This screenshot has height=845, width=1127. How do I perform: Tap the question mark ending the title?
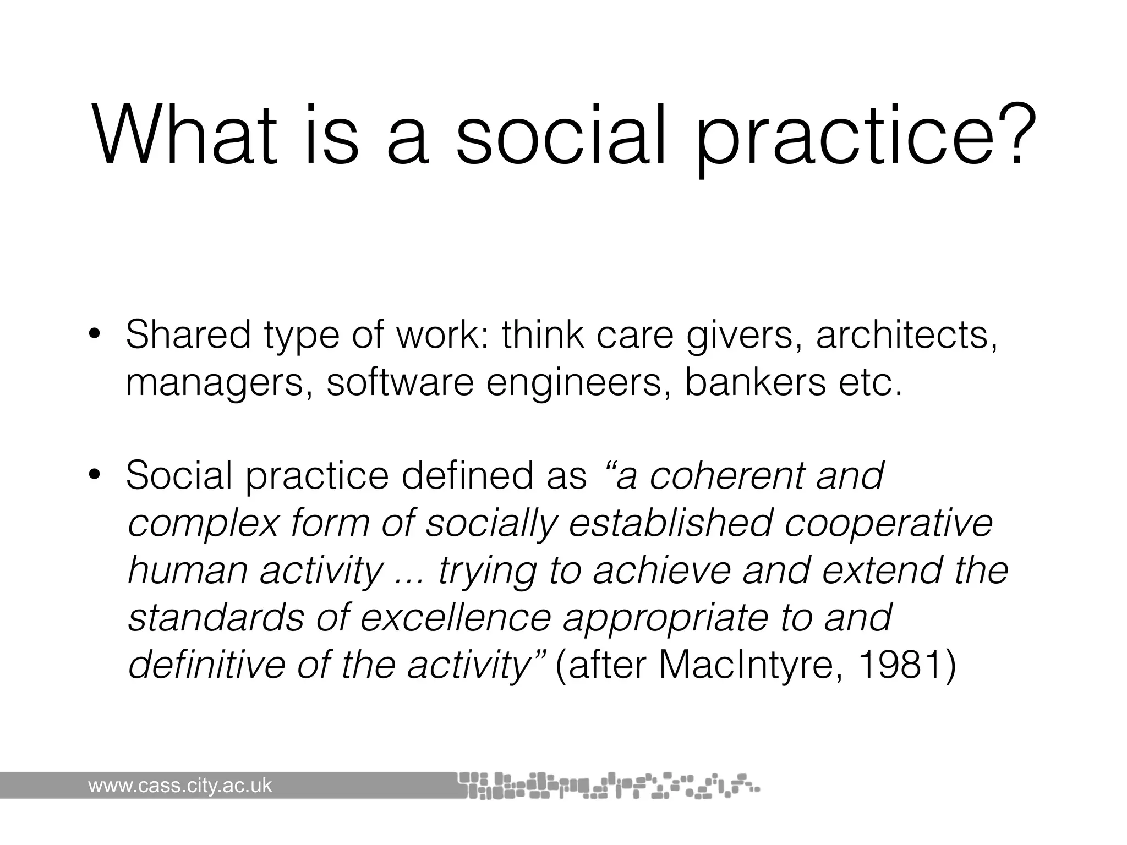point(1007,135)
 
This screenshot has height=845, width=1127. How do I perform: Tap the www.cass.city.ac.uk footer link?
point(180,785)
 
